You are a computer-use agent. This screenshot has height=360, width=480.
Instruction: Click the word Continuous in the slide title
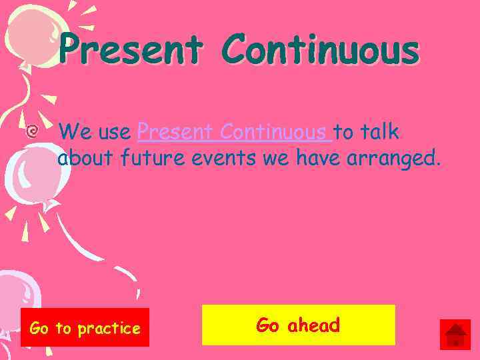[x=321, y=51]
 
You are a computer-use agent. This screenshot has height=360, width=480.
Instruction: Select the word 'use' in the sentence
[x=113, y=133]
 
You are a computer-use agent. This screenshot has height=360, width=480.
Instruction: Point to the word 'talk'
[x=381, y=133]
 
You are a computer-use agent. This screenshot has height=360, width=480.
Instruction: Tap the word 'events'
[x=214, y=159]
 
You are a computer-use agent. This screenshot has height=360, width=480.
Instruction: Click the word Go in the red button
[x=39, y=328]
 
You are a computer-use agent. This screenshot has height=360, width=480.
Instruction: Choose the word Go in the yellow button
[x=268, y=325]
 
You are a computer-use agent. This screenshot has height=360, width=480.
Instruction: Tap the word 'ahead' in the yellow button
[x=313, y=325]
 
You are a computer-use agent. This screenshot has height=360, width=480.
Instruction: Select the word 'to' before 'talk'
[x=345, y=133]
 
